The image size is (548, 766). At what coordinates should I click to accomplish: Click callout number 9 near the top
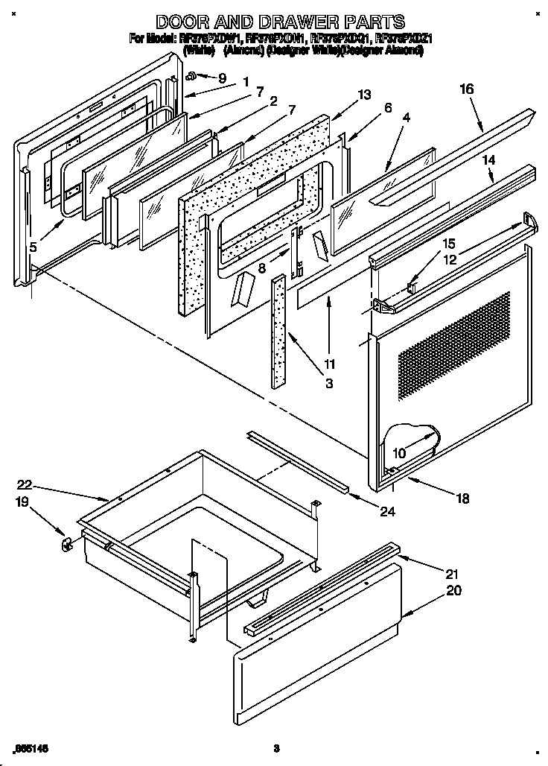220,77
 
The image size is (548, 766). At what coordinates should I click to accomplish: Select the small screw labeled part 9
191,75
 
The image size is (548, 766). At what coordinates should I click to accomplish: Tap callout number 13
363,95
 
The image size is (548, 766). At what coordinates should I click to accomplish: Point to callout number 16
466,89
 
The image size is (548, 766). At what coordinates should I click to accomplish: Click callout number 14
488,159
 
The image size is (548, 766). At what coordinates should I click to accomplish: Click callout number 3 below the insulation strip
329,384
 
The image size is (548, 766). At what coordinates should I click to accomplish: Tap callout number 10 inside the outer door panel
400,452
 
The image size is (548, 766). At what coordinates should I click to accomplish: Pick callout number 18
463,499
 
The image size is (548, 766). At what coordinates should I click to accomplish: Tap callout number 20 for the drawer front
453,591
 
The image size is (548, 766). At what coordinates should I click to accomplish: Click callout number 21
453,574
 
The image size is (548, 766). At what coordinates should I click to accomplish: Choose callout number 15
449,244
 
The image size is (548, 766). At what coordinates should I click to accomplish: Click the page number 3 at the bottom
275,747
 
